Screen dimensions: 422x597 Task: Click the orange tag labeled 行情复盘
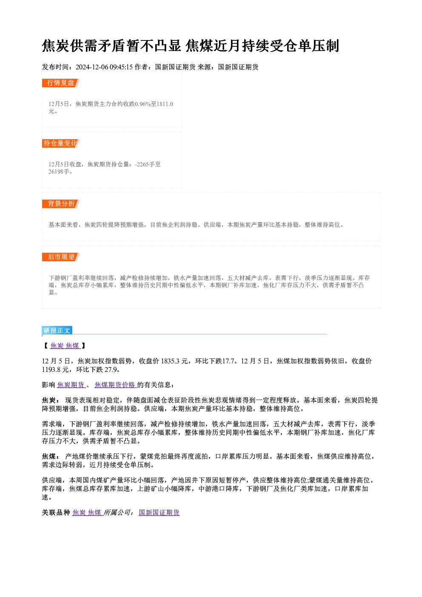60,83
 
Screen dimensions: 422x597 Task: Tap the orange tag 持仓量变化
60,143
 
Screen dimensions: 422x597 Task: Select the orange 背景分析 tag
60,204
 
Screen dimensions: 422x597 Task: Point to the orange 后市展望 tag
60,257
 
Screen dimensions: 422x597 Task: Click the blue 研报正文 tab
57,331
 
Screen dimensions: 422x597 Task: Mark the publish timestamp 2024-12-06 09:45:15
104,67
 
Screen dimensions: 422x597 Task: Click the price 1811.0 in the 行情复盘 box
165,104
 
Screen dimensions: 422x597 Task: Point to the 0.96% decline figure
143,104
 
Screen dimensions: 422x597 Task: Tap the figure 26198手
56,171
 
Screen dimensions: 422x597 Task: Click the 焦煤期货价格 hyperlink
115,385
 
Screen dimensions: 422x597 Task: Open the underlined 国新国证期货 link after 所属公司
159,512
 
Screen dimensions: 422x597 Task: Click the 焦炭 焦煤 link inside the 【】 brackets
65,346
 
